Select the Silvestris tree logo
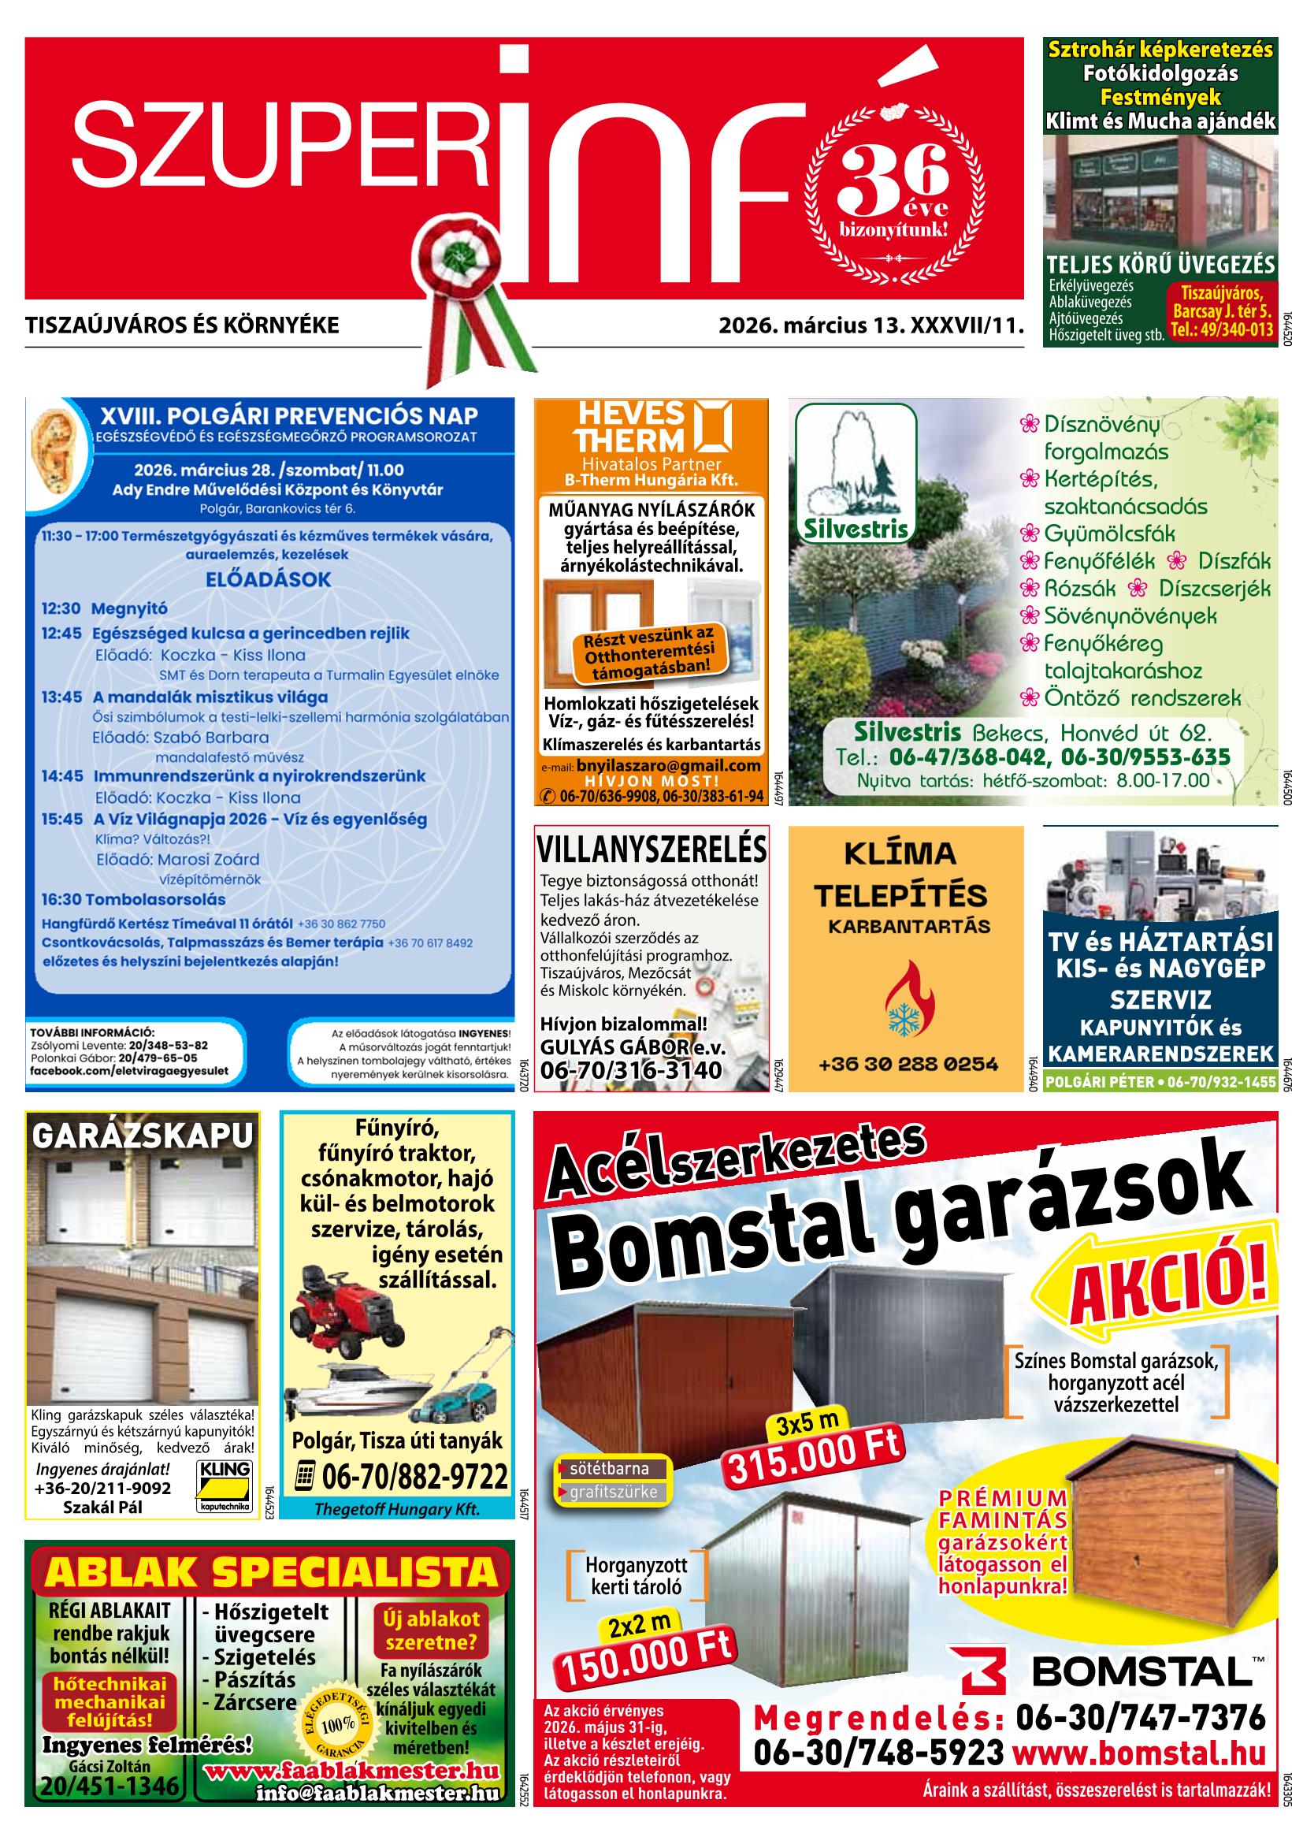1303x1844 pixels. pyautogui.click(x=855, y=473)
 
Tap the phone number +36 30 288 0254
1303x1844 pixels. pyautogui.click(x=908, y=1064)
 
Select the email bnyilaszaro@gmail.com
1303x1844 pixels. pyautogui.click(x=668, y=766)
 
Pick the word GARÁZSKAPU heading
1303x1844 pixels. pyautogui.click(x=142, y=1136)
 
